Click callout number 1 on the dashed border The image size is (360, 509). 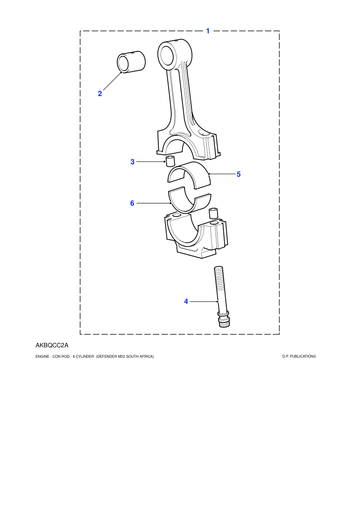pos(208,31)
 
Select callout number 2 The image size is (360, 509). pos(100,94)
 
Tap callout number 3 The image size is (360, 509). pos(133,161)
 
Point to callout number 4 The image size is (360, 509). pos(186,302)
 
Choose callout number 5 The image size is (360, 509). pos(239,174)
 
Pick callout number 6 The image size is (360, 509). pos(132,203)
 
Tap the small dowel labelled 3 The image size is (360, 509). pos(170,161)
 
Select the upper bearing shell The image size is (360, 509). pos(189,174)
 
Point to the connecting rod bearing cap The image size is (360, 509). pos(196,235)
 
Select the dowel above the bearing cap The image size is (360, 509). pos(213,213)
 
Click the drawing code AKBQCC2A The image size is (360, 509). pos(52,345)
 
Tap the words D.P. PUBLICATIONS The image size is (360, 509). pos(299,356)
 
